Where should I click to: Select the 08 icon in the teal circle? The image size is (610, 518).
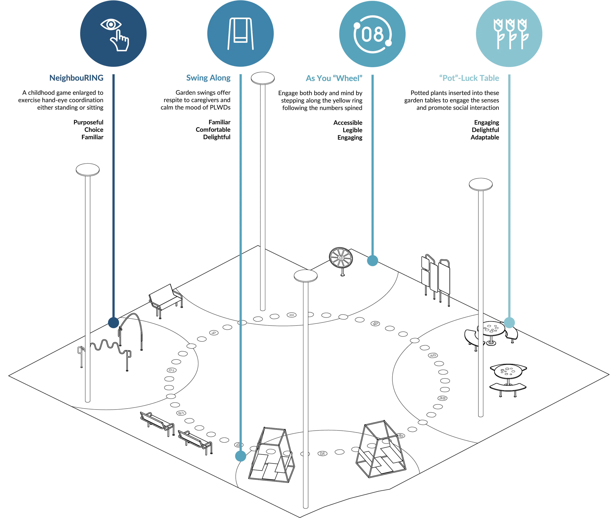click(x=372, y=34)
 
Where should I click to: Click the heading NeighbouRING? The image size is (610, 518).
click(x=76, y=78)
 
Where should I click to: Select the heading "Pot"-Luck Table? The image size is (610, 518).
click(x=469, y=78)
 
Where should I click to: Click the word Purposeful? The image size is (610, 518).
click(x=88, y=122)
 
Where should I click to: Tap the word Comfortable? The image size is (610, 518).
click(x=213, y=130)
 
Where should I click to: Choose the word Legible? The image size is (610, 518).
click(x=352, y=130)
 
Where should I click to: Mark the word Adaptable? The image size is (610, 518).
click(x=485, y=137)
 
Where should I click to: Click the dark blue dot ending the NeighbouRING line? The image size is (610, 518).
click(x=113, y=322)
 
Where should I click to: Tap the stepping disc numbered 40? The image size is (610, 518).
click(x=433, y=355)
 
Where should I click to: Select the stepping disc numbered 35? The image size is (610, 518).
click(x=442, y=398)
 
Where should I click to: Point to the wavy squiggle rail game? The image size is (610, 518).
click(x=104, y=347)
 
